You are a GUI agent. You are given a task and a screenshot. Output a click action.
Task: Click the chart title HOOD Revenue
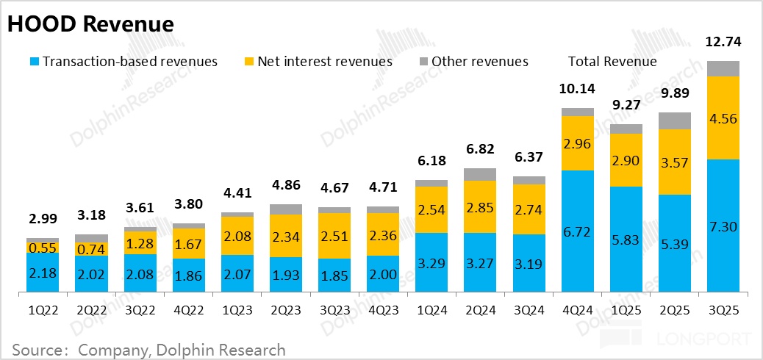[90, 24]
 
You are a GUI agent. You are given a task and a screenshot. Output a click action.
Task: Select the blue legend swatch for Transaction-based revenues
[33, 62]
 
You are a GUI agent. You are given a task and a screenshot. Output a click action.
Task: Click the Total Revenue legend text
[612, 62]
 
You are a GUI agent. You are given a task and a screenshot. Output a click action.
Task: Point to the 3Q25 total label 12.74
[723, 42]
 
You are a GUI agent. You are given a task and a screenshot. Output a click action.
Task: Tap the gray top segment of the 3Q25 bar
[723, 69]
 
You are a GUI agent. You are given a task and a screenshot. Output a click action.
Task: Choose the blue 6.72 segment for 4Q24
[577, 231]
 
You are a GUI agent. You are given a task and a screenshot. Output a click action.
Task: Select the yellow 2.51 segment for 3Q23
[334, 236]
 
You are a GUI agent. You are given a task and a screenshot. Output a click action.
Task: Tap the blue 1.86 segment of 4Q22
[189, 276]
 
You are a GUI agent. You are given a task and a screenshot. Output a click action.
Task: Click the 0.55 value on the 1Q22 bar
[43, 249]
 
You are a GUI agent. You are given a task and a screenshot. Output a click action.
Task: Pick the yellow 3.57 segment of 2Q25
[674, 162]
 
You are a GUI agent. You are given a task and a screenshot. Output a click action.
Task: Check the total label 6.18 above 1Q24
[431, 160]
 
